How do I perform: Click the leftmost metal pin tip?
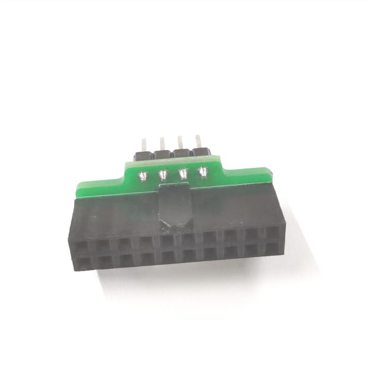143,141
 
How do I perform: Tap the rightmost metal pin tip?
198,138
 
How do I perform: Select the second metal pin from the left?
162,140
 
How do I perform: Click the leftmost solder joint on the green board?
142,177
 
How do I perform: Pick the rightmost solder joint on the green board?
203,172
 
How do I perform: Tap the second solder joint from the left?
163,176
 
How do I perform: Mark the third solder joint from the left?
183,174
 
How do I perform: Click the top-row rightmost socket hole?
272,232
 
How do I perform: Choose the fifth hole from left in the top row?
167,240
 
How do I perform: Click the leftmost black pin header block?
142,155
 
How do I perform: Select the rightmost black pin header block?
200,152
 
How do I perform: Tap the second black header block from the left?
162,154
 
